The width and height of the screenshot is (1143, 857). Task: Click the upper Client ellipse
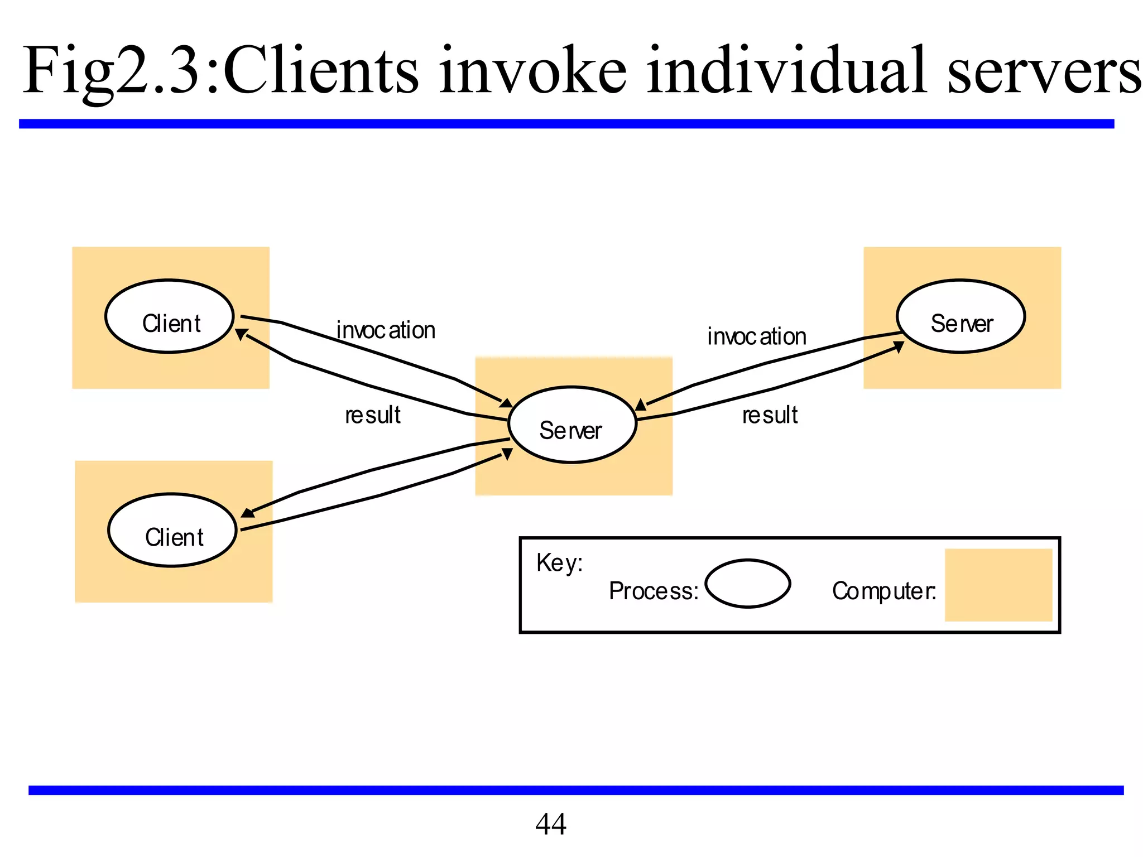click(169, 316)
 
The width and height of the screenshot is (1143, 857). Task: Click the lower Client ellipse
click(172, 530)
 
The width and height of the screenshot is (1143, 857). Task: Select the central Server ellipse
click(572, 425)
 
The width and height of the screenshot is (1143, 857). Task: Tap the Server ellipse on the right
click(960, 316)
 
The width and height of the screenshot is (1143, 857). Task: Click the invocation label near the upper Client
click(386, 330)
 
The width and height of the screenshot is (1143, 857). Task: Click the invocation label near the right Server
click(757, 336)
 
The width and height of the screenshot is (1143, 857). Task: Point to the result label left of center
click(373, 415)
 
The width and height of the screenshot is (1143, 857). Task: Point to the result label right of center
click(770, 415)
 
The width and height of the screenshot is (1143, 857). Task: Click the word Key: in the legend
click(559, 562)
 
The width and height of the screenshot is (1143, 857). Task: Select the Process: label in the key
click(654, 591)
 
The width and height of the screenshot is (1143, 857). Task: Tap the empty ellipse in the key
click(747, 584)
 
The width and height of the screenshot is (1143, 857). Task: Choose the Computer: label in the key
click(883, 591)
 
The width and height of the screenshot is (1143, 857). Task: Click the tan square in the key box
click(998, 585)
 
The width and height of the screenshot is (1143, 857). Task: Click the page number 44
click(550, 824)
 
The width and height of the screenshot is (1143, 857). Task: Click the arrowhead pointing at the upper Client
click(242, 334)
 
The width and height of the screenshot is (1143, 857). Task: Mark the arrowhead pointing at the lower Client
click(247, 512)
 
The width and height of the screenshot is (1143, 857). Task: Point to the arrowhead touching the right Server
click(899, 347)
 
